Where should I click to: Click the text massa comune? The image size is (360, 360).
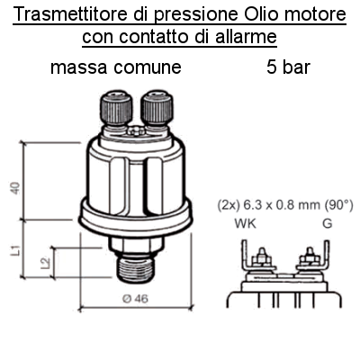pyautogui.click(x=116, y=67)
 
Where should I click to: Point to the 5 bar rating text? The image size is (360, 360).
pyautogui.click(x=288, y=67)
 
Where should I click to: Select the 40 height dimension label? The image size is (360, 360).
pyautogui.click(x=15, y=188)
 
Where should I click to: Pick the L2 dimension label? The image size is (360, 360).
pyautogui.click(x=44, y=263)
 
